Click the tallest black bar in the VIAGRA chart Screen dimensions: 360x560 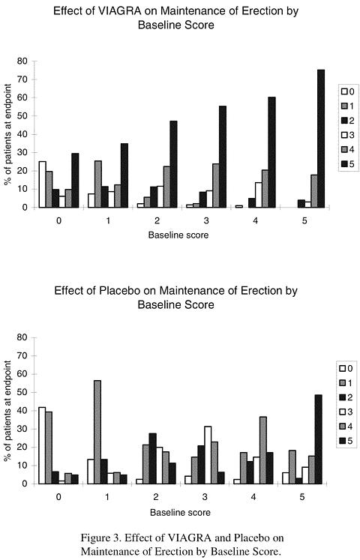[x=321, y=139]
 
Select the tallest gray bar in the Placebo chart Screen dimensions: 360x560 [x=97, y=432]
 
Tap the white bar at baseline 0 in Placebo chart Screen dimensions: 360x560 [x=42, y=445]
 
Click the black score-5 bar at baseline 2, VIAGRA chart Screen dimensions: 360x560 [x=173, y=164]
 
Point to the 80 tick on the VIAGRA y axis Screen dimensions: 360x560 [x=22, y=61]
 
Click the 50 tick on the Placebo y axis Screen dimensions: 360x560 [x=22, y=393]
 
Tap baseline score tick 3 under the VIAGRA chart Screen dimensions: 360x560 [x=206, y=220]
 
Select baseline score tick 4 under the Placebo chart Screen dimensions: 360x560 [x=253, y=497]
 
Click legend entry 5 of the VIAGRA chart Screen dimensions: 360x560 [x=348, y=164]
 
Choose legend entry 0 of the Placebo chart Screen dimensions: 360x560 [x=346, y=369]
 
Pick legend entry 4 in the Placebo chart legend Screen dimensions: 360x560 [x=346, y=427]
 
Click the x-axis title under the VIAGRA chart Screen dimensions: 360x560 [x=178, y=235]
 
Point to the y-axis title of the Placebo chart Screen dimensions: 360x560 [x=7, y=411]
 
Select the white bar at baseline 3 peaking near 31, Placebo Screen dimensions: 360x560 [x=208, y=455]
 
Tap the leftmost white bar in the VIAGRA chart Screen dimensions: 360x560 [x=43, y=184]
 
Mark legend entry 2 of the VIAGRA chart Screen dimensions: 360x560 [x=348, y=121]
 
